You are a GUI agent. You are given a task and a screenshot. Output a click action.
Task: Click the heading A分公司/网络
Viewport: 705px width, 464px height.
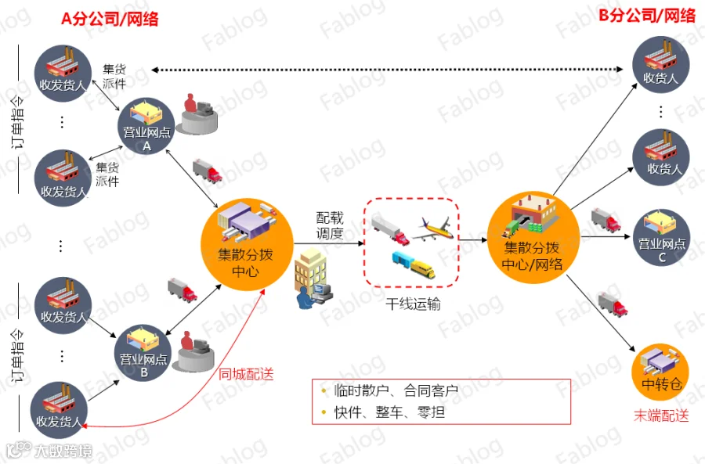[x=110, y=19]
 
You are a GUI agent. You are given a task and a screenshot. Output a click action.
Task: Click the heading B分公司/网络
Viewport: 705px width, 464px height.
[x=647, y=16]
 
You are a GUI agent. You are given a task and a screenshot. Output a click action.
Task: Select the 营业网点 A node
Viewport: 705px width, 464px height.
[x=146, y=126]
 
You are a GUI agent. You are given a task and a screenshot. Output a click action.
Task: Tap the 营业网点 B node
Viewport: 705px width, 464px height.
[x=143, y=353]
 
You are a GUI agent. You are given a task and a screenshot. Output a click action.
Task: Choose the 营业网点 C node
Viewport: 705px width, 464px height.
[x=661, y=237]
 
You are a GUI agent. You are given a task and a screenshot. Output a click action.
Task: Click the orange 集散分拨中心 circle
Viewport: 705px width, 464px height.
[x=247, y=244]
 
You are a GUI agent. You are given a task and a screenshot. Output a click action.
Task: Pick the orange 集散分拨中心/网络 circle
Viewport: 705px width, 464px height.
[x=533, y=238]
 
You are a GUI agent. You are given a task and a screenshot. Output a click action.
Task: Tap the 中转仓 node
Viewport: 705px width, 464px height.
[x=660, y=372]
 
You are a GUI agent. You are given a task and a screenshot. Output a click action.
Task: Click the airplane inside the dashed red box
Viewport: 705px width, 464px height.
[x=432, y=229]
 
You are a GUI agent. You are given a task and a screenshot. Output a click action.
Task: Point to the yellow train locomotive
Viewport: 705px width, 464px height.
[x=423, y=268]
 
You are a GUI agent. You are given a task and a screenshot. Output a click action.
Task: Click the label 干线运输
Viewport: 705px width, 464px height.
[x=413, y=304]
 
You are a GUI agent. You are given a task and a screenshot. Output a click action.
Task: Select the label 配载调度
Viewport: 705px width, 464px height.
[x=330, y=226]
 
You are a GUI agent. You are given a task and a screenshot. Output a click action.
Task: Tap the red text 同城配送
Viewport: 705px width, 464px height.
[x=246, y=374]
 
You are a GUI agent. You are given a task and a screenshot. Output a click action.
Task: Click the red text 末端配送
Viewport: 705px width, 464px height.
[x=661, y=415]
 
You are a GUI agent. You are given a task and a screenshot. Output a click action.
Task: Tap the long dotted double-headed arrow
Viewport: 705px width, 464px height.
[x=387, y=70]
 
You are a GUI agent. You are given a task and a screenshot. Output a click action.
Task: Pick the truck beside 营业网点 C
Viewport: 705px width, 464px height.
[x=606, y=221]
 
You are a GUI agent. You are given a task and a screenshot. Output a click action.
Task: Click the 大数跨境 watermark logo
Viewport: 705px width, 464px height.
[x=49, y=451]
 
